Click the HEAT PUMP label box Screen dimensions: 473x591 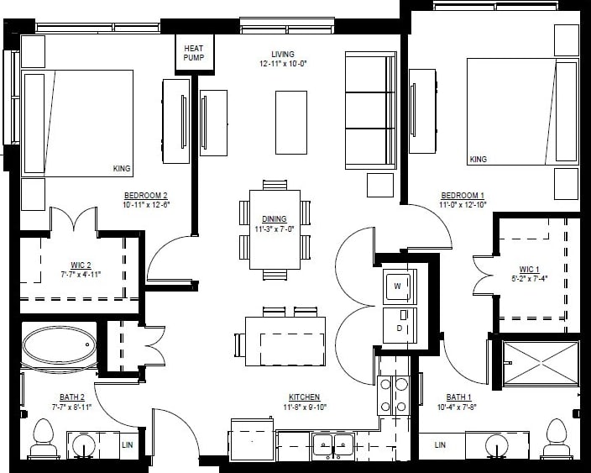click(x=193, y=53)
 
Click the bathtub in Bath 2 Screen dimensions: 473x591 click(x=59, y=345)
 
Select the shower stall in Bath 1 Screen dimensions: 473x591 click(x=540, y=363)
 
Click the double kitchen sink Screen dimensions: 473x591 click(x=333, y=444)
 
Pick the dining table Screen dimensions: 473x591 click(x=275, y=229)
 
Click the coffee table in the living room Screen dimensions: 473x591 click(x=291, y=123)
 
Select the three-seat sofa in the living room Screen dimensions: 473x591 click(x=370, y=109)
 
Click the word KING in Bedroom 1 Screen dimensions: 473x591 click(x=478, y=159)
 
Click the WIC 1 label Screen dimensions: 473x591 click(x=529, y=269)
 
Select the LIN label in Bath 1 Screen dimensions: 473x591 click(x=440, y=444)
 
